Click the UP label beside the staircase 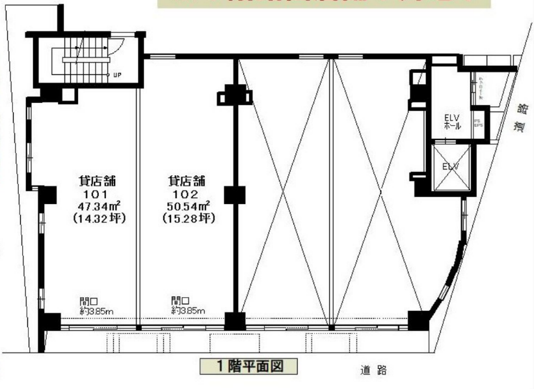[117, 74]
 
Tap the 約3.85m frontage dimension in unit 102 [188, 311]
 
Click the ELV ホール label [451, 122]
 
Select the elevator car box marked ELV [450, 167]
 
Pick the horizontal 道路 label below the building [373, 370]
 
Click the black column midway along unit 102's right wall [233, 195]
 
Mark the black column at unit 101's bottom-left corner [47, 323]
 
